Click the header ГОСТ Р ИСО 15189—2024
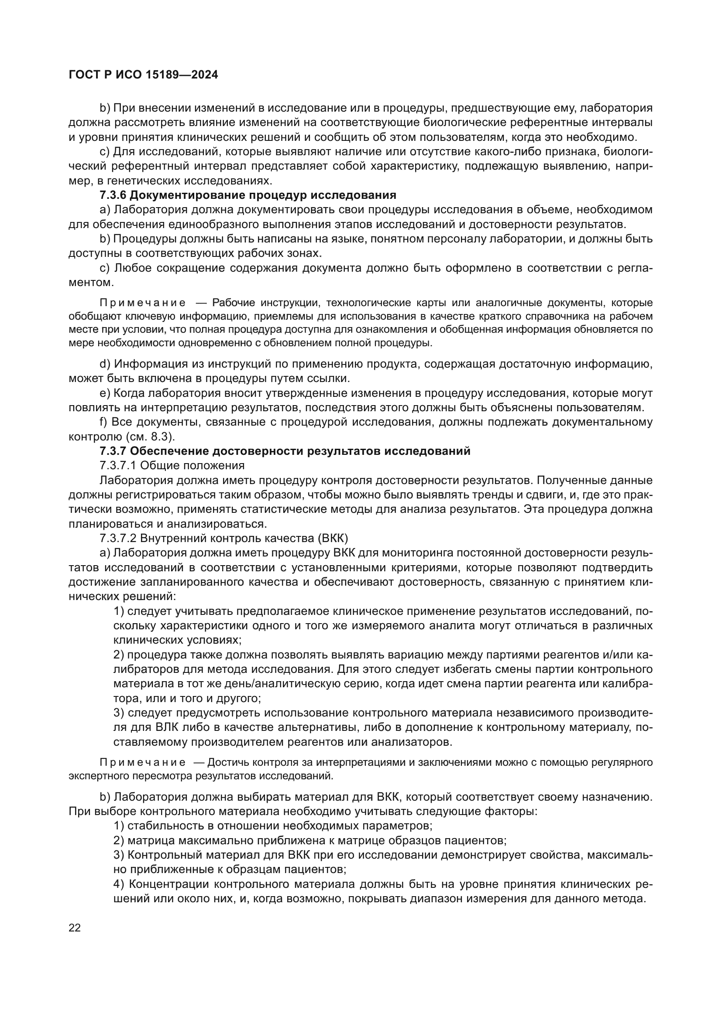point(143,75)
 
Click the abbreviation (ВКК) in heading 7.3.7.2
point(333,539)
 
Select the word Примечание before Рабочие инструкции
point(142,303)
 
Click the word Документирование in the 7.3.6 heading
point(187,195)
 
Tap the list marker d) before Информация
point(104,364)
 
